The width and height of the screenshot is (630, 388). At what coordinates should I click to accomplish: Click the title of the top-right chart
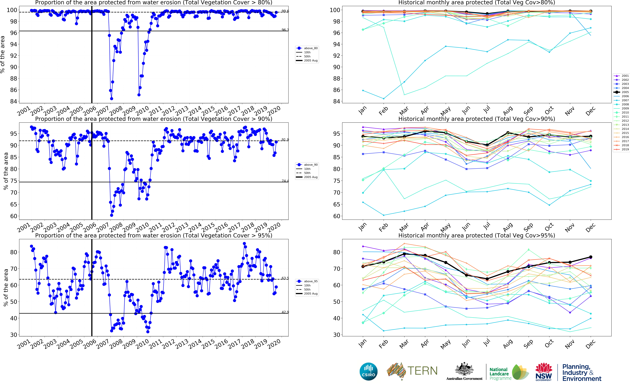[x=477, y=3]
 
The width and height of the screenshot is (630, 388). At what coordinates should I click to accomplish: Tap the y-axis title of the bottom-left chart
[x=6, y=287]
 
